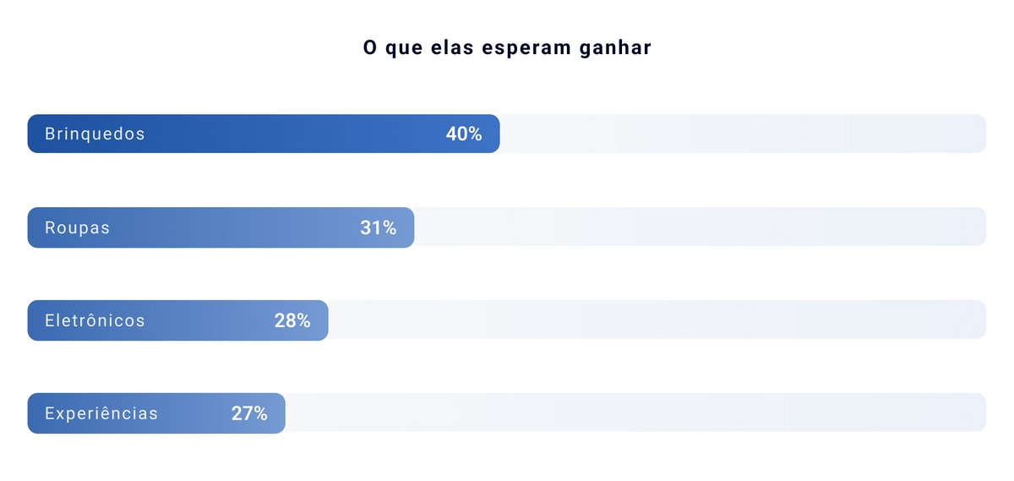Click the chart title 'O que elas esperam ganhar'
click(x=507, y=48)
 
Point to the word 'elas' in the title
click(x=450, y=48)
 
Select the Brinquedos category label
click(x=95, y=134)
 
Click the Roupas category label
click(x=77, y=228)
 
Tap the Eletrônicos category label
click(x=95, y=321)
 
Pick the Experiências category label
click(x=101, y=414)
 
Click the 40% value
click(x=464, y=134)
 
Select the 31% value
click(x=378, y=228)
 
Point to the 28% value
click(x=292, y=321)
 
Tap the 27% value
click(x=249, y=414)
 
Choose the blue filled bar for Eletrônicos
click(x=203, y=321)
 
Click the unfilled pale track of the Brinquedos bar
click(x=744, y=134)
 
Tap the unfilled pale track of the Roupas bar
click(x=701, y=227)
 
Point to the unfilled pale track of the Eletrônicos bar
click(x=659, y=320)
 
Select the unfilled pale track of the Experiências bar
click(x=634, y=413)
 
